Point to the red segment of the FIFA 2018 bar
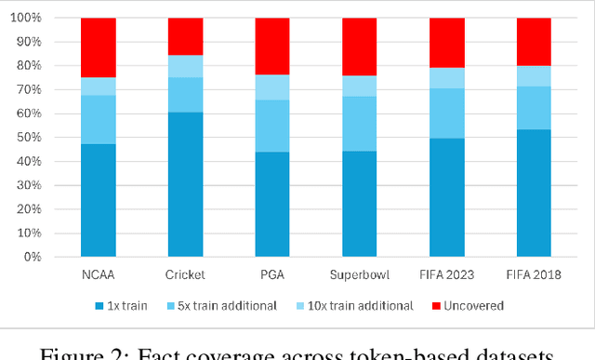534,42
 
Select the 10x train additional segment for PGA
272,87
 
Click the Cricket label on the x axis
185,274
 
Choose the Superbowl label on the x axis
360,274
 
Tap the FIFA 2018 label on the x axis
534,274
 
